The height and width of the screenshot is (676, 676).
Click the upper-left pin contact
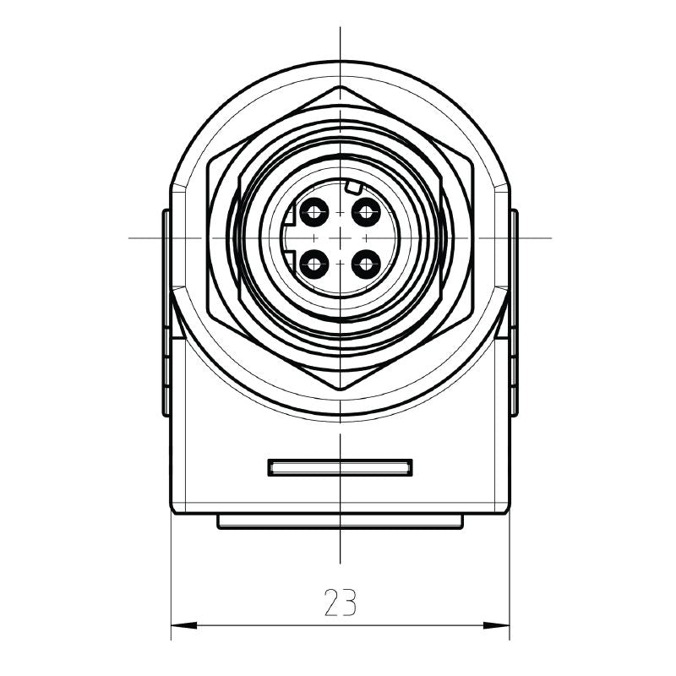(315, 211)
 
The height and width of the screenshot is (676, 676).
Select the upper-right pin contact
(365, 211)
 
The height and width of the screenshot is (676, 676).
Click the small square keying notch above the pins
(354, 187)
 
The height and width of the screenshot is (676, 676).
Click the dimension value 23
(340, 602)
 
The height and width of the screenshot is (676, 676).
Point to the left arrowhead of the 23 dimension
(177, 626)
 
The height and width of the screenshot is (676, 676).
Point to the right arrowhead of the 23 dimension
(503, 626)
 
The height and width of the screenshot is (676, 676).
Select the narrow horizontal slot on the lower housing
(340, 467)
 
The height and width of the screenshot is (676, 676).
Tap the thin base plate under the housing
(340, 522)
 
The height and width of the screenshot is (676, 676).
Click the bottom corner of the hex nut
(340, 390)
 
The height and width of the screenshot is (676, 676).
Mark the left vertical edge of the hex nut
(208, 237)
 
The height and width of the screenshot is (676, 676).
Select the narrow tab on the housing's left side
(166, 313)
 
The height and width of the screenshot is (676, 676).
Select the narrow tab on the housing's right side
(514, 313)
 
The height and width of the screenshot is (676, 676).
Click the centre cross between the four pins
(340, 238)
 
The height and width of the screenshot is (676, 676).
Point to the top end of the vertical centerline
(340, 29)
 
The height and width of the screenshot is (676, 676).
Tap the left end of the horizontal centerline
(130, 237)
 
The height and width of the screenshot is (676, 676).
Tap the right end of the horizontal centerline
(550, 237)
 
